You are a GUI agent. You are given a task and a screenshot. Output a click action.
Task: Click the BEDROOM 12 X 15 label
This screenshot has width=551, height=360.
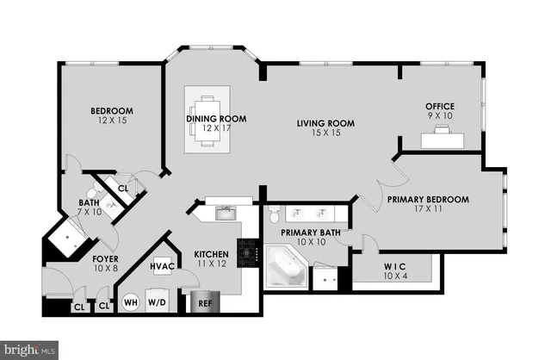tap(112, 115)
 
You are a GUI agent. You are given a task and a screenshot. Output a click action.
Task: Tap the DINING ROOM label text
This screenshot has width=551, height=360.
tap(217, 120)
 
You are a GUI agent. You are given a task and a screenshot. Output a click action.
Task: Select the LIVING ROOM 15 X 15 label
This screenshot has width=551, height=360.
tap(325, 128)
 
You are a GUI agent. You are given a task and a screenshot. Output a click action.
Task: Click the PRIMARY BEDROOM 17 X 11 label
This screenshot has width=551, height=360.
tap(427, 204)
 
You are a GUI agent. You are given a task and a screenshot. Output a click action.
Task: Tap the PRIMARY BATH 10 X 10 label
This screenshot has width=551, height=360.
tap(312, 238)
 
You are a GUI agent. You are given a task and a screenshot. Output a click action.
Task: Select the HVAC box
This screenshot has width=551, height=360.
tap(164, 267)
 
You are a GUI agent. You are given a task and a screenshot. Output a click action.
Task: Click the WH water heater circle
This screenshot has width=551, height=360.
tap(131, 302)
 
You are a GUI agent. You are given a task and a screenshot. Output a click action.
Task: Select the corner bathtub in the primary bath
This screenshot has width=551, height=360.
tap(283, 270)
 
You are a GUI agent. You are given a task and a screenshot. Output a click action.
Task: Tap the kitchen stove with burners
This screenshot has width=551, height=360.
tap(249, 252)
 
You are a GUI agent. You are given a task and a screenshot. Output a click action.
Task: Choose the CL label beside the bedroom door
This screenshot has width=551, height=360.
tap(122, 187)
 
